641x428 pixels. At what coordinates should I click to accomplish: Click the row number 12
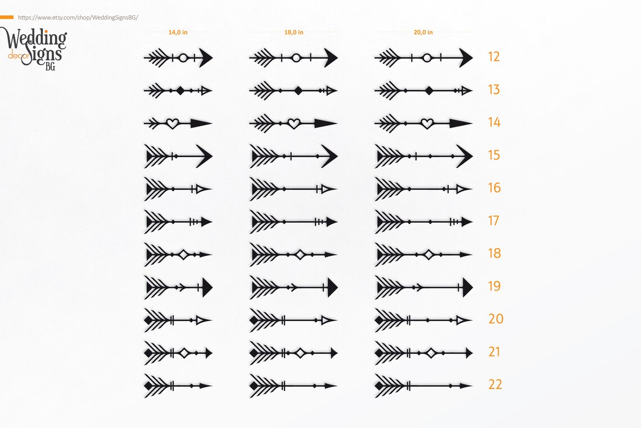pos(494,56)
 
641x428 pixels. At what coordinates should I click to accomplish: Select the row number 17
pos(494,221)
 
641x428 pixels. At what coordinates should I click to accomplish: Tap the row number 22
pos(495,385)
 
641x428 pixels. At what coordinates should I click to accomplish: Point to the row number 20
pos(496,319)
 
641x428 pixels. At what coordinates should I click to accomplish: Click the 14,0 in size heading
pos(178,32)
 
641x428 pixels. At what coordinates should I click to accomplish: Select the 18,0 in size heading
pos(294,32)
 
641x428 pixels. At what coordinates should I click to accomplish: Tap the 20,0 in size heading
pos(423,32)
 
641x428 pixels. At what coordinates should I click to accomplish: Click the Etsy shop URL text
pos(78,17)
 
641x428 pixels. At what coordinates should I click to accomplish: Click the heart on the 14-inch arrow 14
pos(173,123)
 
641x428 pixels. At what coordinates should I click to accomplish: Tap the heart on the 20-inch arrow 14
pos(427,123)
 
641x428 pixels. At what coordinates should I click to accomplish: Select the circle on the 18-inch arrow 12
pos(296,58)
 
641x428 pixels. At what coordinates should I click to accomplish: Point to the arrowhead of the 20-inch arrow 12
pos(466,58)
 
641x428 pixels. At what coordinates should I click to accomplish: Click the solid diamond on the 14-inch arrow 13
pos(180,91)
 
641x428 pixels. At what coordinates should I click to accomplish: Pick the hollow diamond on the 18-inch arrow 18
pos(300,255)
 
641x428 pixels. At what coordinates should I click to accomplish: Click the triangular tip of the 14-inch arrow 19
pos(207,288)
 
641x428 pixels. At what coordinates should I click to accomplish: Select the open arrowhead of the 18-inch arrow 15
pos(329,156)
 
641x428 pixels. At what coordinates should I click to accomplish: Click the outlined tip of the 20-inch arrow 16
pos(463,189)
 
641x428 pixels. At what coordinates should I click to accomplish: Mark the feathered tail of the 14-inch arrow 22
pos(156,386)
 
